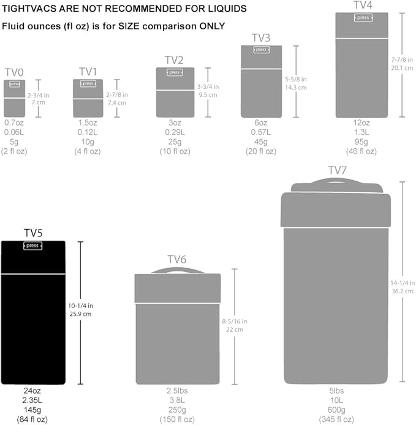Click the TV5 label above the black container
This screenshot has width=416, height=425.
[33, 233]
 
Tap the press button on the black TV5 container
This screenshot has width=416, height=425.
[33, 246]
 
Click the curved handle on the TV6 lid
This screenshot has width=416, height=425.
[177, 270]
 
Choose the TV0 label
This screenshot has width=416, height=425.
[14, 73]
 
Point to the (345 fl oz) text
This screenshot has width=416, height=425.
[336, 419]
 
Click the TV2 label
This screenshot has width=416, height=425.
[175, 60]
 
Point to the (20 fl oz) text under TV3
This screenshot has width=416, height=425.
[261, 151]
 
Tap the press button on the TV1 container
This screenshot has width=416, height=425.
[88, 84]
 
